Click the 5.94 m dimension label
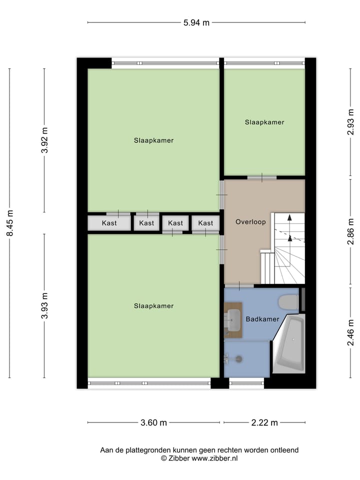click(x=195, y=22)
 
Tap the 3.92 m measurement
click(x=44, y=140)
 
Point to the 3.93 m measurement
click(x=44, y=305)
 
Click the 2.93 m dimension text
click(x=351, y=123)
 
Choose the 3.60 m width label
click(x=153, y=423)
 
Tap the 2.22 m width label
click(x=264, y=423)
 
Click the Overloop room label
click(x=250, y=221)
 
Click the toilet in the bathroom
click(x=287, y=302)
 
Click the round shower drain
click(x=238, y=358)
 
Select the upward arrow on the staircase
click(x=288, y=227)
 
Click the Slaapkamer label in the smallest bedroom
click(x=264, y=122)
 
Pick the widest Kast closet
click(x=109, y=223)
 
